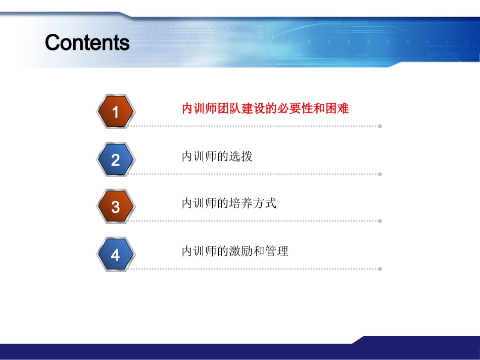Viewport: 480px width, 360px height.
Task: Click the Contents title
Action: coord(87,43)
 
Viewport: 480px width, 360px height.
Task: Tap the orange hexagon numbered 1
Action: coord(115,112)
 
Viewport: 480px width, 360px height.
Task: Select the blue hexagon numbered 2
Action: coord(115,160)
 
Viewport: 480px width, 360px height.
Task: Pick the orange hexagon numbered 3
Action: coord(115,207)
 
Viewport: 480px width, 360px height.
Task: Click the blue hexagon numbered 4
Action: coord(115,254)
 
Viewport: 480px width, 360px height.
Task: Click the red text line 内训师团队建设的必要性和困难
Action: coord(265,109)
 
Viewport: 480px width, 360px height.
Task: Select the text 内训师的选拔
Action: coord(217,157)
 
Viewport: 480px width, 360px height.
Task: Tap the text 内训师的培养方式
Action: coord(229,203)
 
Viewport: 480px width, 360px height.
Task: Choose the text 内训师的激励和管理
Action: coord(235,251)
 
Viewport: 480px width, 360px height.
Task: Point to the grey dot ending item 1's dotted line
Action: coord(380,126)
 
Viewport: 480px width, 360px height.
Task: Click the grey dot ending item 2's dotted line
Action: coord(380,174)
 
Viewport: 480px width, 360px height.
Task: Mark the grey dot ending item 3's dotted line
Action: coord(380,221)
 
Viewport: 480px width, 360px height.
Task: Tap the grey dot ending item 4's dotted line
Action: coord(380,269)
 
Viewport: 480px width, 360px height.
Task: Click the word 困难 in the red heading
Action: coord(338,109)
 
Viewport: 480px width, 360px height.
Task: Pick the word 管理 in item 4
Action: coord(277,251)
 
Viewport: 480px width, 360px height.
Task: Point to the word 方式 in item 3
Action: coord(265,203)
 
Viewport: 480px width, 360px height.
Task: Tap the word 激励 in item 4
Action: coord(241,251)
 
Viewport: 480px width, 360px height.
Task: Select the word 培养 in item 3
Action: coord(241,203)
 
